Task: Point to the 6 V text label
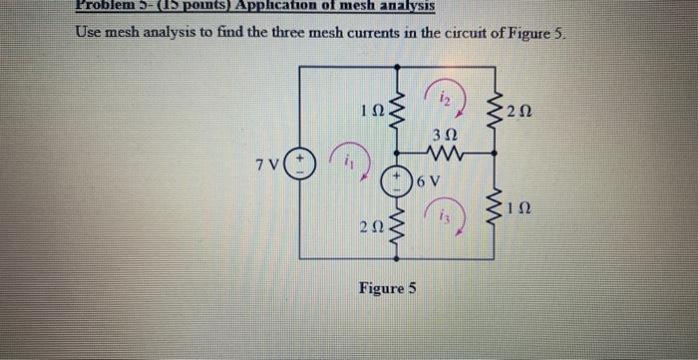(427, 180)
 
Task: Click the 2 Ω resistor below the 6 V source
(400, 228)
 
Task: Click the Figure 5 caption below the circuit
(389, 290)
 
